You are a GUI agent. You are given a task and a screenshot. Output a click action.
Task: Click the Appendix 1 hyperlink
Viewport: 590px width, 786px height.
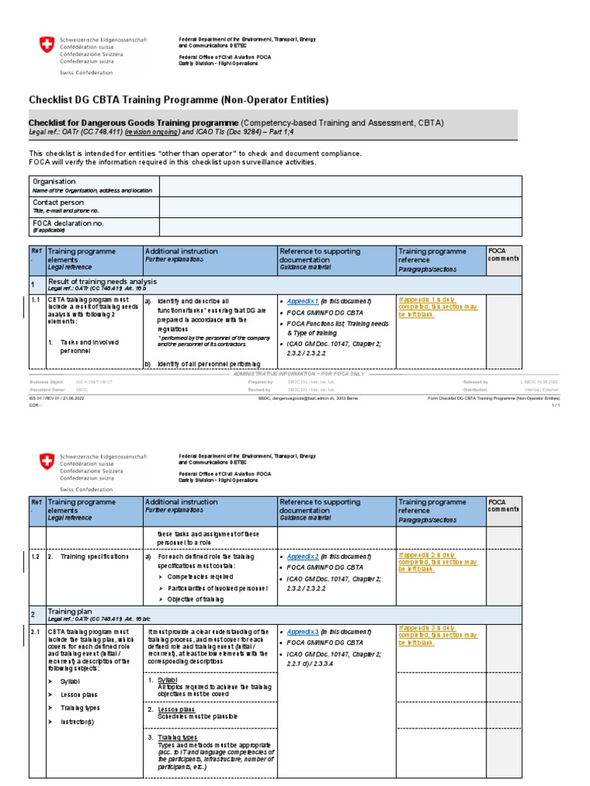[302, 300]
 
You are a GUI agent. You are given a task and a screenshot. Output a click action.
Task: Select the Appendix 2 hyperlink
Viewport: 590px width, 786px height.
[302, 555]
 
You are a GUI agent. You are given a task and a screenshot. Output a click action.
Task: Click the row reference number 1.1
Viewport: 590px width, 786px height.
[36, 300]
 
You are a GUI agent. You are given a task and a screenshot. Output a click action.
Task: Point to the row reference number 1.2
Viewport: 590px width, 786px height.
[36, 555]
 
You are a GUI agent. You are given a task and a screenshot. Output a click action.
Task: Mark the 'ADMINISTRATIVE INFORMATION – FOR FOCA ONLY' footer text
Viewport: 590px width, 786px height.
[295, 373]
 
